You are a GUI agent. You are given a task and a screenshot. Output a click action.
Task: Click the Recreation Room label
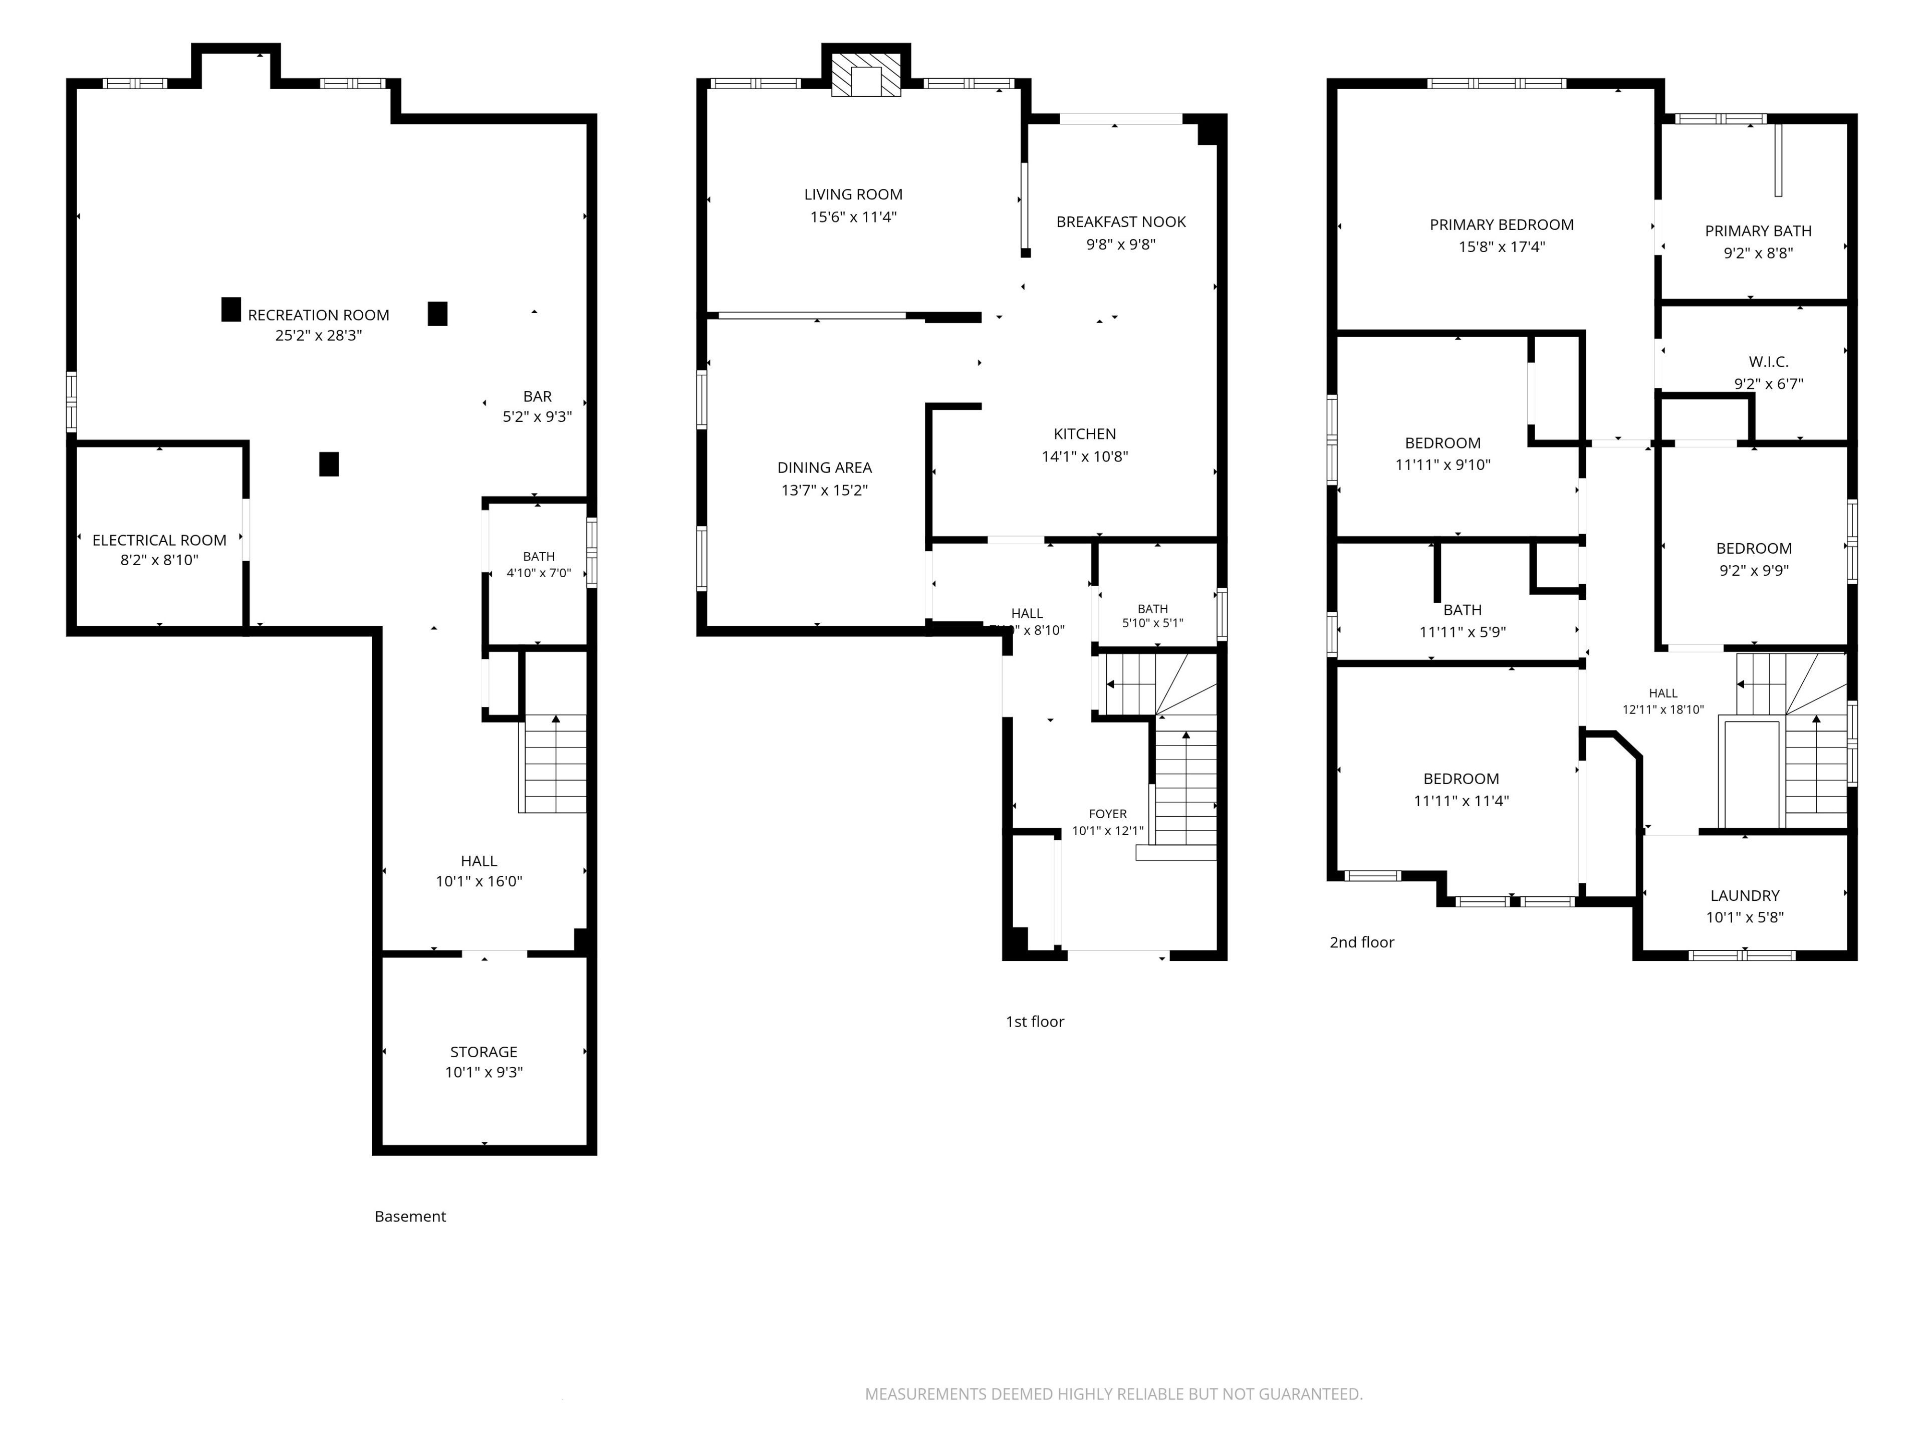tap(318, 315)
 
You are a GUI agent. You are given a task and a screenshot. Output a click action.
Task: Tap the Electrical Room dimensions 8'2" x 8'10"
tap(159, 560)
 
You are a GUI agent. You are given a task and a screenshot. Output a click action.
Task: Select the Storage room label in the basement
tap(484, 1052)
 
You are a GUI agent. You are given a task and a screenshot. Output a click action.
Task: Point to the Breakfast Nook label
tap(1121, 222)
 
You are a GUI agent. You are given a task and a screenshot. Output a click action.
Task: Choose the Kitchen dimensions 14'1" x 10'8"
tap(1085, 456)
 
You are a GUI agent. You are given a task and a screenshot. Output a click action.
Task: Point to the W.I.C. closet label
tap(1768, 362)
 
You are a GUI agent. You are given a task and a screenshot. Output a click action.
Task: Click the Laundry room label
tap(1745, 895)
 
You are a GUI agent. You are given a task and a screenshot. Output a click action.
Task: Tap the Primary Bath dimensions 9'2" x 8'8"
tap(1758, 253)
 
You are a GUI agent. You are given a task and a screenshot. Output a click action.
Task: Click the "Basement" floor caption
tap(410, 1216)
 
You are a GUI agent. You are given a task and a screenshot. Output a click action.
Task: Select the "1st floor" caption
tap(1034, 1021)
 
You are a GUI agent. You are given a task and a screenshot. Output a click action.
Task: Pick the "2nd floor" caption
tap(1361, 942)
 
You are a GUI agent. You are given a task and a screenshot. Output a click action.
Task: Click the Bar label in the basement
tap(538, 396)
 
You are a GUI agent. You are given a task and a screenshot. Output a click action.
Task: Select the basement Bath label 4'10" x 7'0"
tap(539, 557)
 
